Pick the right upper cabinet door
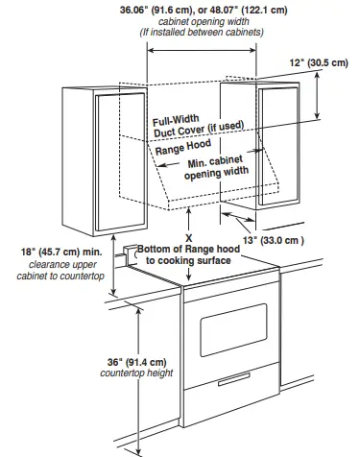pos(280,144)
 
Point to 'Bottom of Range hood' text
pos(187,249)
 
